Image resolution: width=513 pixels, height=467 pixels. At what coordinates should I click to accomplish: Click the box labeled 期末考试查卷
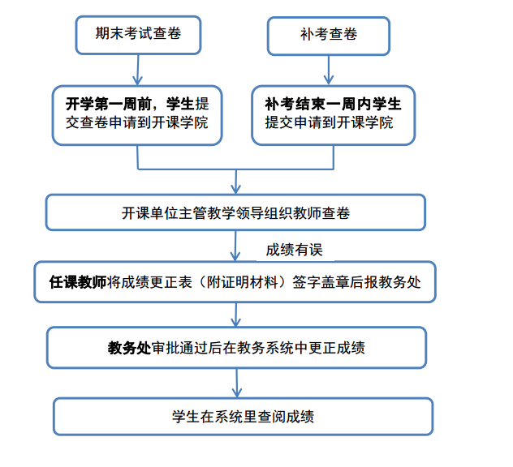pos(138,35)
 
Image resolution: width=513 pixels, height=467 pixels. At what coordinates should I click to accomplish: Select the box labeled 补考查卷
pos(329,36)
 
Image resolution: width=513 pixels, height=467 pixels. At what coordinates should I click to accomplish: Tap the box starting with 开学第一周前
pos(137,115)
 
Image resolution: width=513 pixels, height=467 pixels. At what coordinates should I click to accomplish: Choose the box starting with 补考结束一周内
pos(333,115)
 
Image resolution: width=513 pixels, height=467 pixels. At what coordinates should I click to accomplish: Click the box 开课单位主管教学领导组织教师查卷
pos(235,212)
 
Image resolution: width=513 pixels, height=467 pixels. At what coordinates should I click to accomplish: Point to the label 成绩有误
pos(294,250)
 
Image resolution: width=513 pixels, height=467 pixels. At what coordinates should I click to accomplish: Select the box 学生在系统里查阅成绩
pos(243,417)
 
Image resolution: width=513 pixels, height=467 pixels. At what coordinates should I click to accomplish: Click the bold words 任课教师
pos(78,282)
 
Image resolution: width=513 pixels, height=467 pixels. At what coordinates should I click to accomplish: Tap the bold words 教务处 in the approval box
pos(129,348)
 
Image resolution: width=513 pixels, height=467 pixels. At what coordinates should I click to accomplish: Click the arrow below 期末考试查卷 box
pos(138,70)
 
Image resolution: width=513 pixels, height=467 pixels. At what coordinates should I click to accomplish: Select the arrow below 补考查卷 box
pos(329,70)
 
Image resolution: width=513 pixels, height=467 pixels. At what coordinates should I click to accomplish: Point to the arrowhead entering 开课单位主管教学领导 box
pos(235,189)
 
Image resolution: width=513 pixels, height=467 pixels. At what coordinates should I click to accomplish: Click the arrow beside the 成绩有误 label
pos(235,246)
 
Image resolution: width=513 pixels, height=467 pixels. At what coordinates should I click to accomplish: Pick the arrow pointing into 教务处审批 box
pos(236,315)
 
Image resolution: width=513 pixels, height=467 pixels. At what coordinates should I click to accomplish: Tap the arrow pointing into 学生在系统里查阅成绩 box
pos(236,383)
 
